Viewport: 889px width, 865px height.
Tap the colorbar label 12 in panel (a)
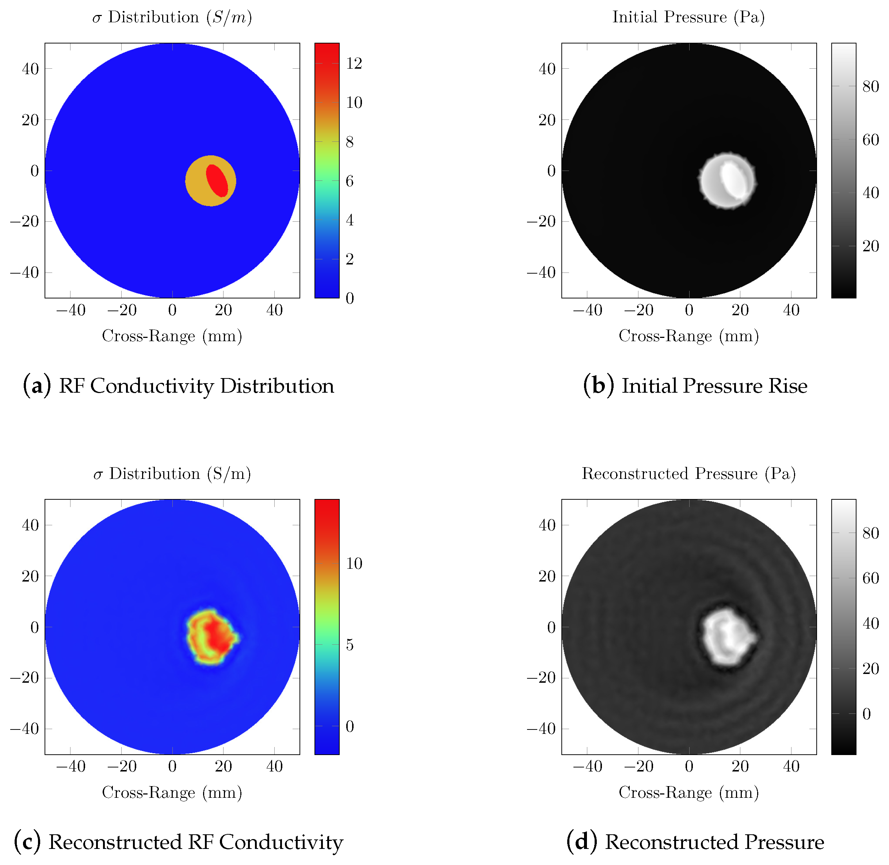354,64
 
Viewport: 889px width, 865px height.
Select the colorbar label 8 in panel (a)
349,142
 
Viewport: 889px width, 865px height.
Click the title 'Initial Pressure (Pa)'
688,17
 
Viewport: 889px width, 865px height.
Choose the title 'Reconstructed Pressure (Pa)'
688,473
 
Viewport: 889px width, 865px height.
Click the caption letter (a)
37,386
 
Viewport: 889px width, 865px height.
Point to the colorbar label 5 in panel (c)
349,645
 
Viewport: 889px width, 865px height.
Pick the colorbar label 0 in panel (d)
866,714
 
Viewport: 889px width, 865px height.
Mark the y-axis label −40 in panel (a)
25,273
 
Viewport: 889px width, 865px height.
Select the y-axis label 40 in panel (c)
30,525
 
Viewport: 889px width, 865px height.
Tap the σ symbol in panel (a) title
97,18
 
